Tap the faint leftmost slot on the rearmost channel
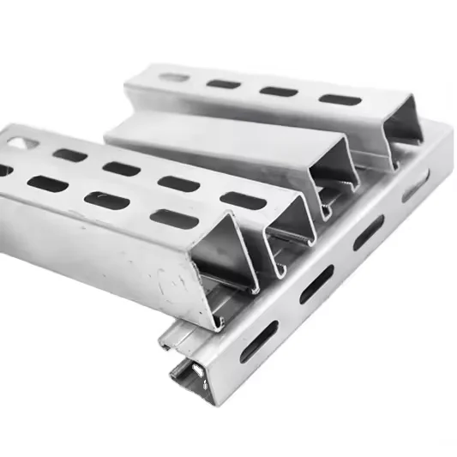(x=174, y=77)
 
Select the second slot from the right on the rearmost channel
(x=279, y=91)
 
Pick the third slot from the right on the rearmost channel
(x=224, y=84)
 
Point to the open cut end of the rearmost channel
(x=401, y=133)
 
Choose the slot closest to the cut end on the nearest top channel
(x=174, y=219)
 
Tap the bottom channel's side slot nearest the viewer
(x=259, y=340)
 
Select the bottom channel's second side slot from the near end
(x=316, y=284)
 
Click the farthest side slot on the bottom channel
(x=416, y=186)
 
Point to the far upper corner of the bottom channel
(x=446, y=129)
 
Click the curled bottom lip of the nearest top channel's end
(x=214, y=322)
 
